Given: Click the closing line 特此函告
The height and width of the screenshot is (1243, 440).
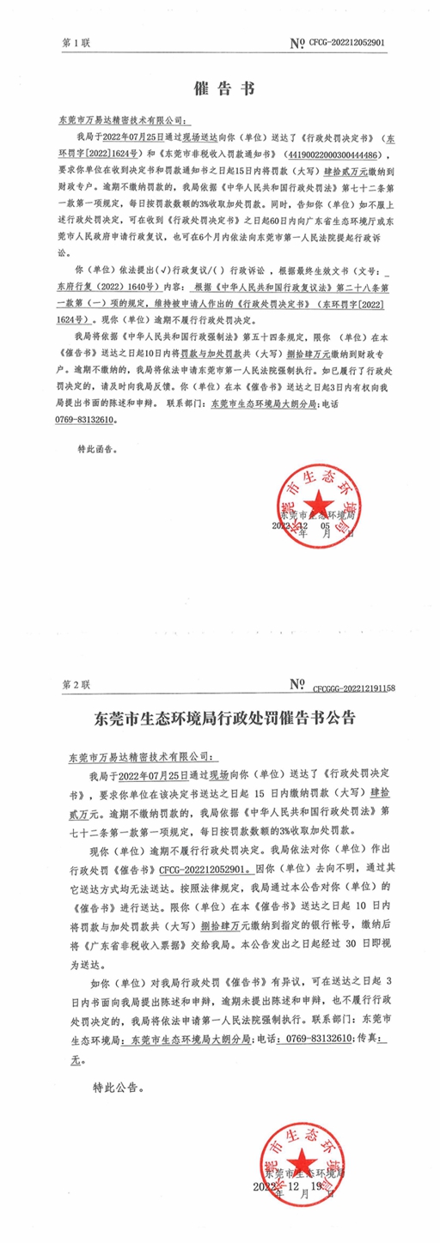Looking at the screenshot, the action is pos(97,448).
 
